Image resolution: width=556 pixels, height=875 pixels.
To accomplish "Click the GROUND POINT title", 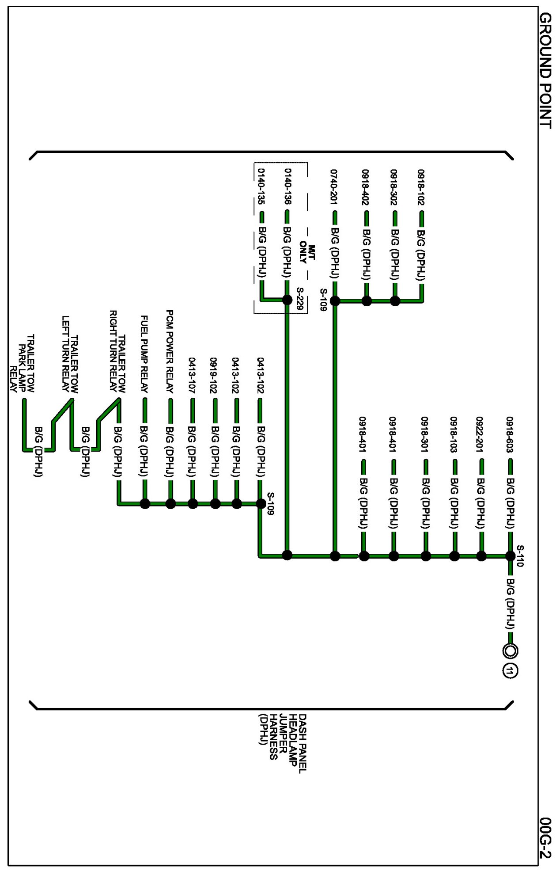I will (x=545, y=71).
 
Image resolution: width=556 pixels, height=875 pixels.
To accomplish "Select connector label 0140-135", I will (x=261, y=186).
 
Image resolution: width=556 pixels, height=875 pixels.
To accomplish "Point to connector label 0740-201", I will (x=334, y=187).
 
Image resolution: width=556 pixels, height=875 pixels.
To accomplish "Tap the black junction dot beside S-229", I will (x=287, y=300).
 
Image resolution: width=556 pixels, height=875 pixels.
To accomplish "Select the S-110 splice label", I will (x=520, y=556).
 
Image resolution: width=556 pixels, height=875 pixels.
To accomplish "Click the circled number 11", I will (x=510, y=671).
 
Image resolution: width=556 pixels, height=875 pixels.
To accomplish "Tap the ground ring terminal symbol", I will (x=510, y=651).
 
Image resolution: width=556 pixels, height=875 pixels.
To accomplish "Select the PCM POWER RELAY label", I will (x=170, y=351).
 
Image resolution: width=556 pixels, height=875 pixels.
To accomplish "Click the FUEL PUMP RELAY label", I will (x=144, y=354).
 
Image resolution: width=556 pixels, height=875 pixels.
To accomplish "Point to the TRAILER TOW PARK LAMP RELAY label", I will (x=22, y=364).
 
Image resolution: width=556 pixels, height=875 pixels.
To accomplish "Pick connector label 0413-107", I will (x=192, y=376).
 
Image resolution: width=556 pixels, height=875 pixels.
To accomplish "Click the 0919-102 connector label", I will (x=215, y=376).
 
